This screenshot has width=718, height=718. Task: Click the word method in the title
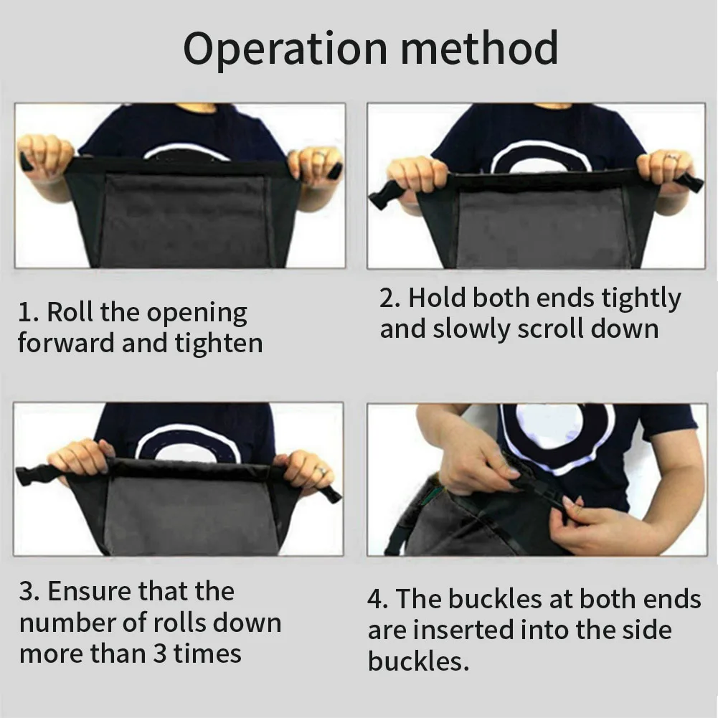tap(479, 47)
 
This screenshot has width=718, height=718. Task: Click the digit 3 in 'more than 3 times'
tap(159, 653)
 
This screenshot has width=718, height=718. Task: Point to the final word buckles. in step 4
tap(418, 661)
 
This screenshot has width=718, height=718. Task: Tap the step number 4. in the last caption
tap(378, 599)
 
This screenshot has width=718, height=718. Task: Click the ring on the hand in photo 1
tap(319, 155)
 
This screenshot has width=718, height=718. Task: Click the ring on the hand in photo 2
tap(671, 157)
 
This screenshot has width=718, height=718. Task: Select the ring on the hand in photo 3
tap(321, 471)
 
